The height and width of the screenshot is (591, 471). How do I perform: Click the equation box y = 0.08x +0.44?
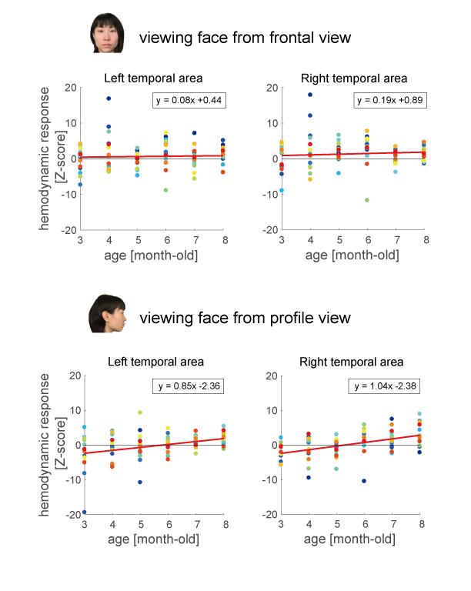pyautogui.click(x=189, y=100)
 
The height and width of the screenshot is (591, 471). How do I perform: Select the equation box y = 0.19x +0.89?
pyautogui.click(x=387, y=100)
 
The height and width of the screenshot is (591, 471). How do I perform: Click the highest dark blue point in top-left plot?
pyautogui.click(x=109, y=98)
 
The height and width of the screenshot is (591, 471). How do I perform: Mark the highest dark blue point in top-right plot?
pyautogui.click(x=310, y=95)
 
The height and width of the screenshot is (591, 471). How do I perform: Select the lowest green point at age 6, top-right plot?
pyautogui.click(x=368, y=200)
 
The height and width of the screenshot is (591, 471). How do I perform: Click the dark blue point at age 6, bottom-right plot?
pyautogui.click(x=364, y=481)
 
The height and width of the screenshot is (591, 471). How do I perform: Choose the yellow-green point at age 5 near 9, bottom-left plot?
pyautogui.click(x=140, y=412)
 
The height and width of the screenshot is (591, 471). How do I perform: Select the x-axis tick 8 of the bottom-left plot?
pyautogui.click(x=223, y=524)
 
